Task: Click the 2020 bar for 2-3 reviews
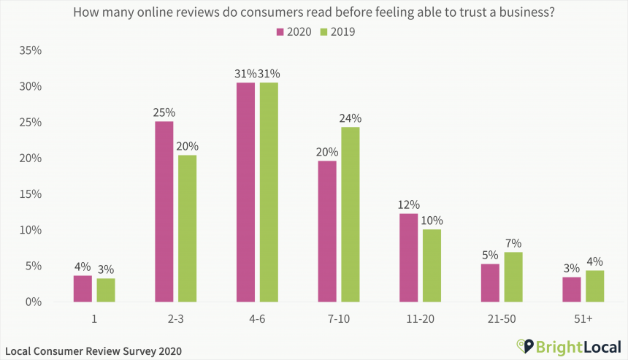pos(164,212)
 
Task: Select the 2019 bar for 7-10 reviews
pos(351,215)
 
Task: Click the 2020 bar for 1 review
pos(83,288)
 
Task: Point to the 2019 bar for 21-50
pos(513,277)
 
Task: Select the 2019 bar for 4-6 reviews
pos(269,192)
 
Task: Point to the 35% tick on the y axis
pos(31,50)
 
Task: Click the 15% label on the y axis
pos(31,194)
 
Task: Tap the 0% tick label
pos(34,302)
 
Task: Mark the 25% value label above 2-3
pos(164,112)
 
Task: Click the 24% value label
pos(351,118)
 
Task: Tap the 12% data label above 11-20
pos(408,204)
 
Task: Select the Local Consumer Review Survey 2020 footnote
pos(93,351)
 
